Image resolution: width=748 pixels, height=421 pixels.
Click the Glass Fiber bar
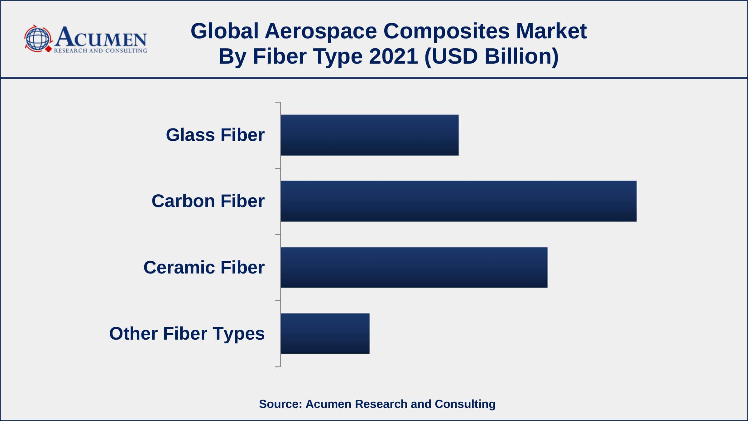click(x=370, y=135)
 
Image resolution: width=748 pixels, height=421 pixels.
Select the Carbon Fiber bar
click(x=458, y=201)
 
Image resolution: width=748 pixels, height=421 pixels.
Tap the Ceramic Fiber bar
click(x=414, y=268)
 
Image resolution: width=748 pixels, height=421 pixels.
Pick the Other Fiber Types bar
click(x=325, y=334)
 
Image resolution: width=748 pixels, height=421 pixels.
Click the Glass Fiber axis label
click(x=215, y=135)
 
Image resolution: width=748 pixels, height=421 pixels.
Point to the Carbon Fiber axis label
click(x=208, y=201)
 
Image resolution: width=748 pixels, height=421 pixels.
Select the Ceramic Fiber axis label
click(x=204, y=267)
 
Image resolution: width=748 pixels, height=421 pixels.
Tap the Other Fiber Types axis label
click(x=187, y=334)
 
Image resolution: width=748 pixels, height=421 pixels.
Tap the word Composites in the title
click(x=446, y=31)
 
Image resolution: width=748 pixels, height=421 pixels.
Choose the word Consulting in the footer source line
click(x=465, y=404)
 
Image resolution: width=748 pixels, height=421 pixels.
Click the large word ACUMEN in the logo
click(x=101, y=37)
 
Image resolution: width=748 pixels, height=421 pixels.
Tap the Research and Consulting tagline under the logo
click(x=100, y=51)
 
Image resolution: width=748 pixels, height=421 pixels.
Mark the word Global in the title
click(x=224, y=31)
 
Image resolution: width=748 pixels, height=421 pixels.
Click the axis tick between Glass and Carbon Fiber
click(x=278, y=168)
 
